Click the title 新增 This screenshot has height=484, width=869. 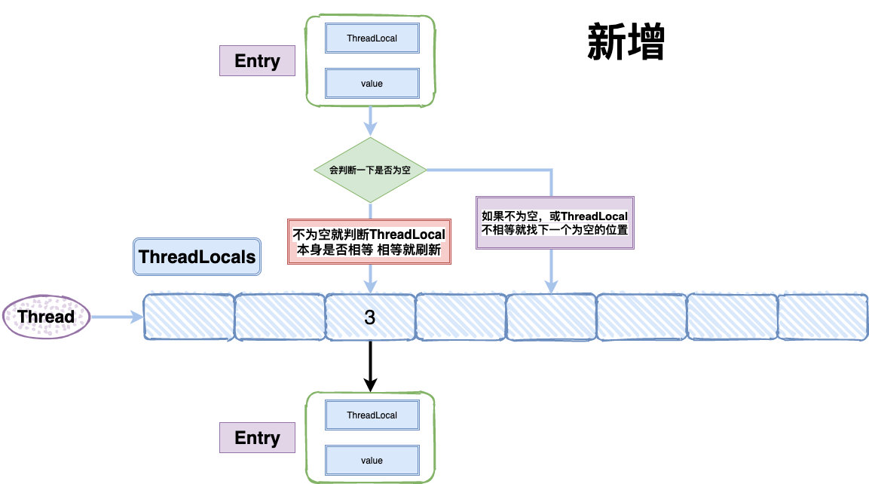(x=625, y=44)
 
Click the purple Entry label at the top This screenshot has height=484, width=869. (x=257, y=61)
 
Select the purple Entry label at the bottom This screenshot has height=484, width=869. (x=257, y=437)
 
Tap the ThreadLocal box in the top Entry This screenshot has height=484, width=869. (x=372, y=38)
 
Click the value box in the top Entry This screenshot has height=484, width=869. (x=372, y=83)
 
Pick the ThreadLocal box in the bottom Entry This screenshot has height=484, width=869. (x=372, y=415)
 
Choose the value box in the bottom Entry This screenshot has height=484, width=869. (x=372, y=460)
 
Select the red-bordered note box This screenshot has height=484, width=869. (x=369, y=241)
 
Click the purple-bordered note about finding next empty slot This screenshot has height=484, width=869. (x=555, y=223)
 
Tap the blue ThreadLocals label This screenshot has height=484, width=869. (x=197, y=257)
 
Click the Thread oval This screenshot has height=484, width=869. (x=47, y=317)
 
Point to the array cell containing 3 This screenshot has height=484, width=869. (x=370, y=317)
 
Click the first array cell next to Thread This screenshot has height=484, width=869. (x=188, y=317)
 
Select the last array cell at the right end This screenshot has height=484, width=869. (x=822, y=317)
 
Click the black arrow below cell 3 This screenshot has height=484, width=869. (x=370, y=366)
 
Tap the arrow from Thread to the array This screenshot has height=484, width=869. (x=117, y=317)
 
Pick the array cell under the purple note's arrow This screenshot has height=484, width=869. (x=551, y=317)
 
